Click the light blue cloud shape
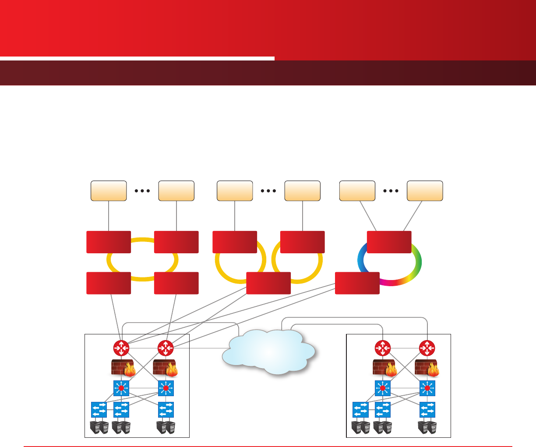[x=268, y=351]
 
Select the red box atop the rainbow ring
[x=389, y=242]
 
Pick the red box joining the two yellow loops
[x=268, y=283]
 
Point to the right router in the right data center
[x=427, y=348]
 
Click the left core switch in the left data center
[x=121, y=388]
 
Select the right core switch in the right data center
[x=427, y=388]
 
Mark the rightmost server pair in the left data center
[x=166, y=427]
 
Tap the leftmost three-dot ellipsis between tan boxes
[x=142, y=191]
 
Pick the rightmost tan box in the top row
[x=425, y=191]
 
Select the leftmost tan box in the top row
[x=109, y=191]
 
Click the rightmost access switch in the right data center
[x=427, y=410]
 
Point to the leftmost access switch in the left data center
[x=99, y=410]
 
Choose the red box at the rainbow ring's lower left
[x=357, y=283]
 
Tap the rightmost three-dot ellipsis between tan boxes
[x=391, y=191]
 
